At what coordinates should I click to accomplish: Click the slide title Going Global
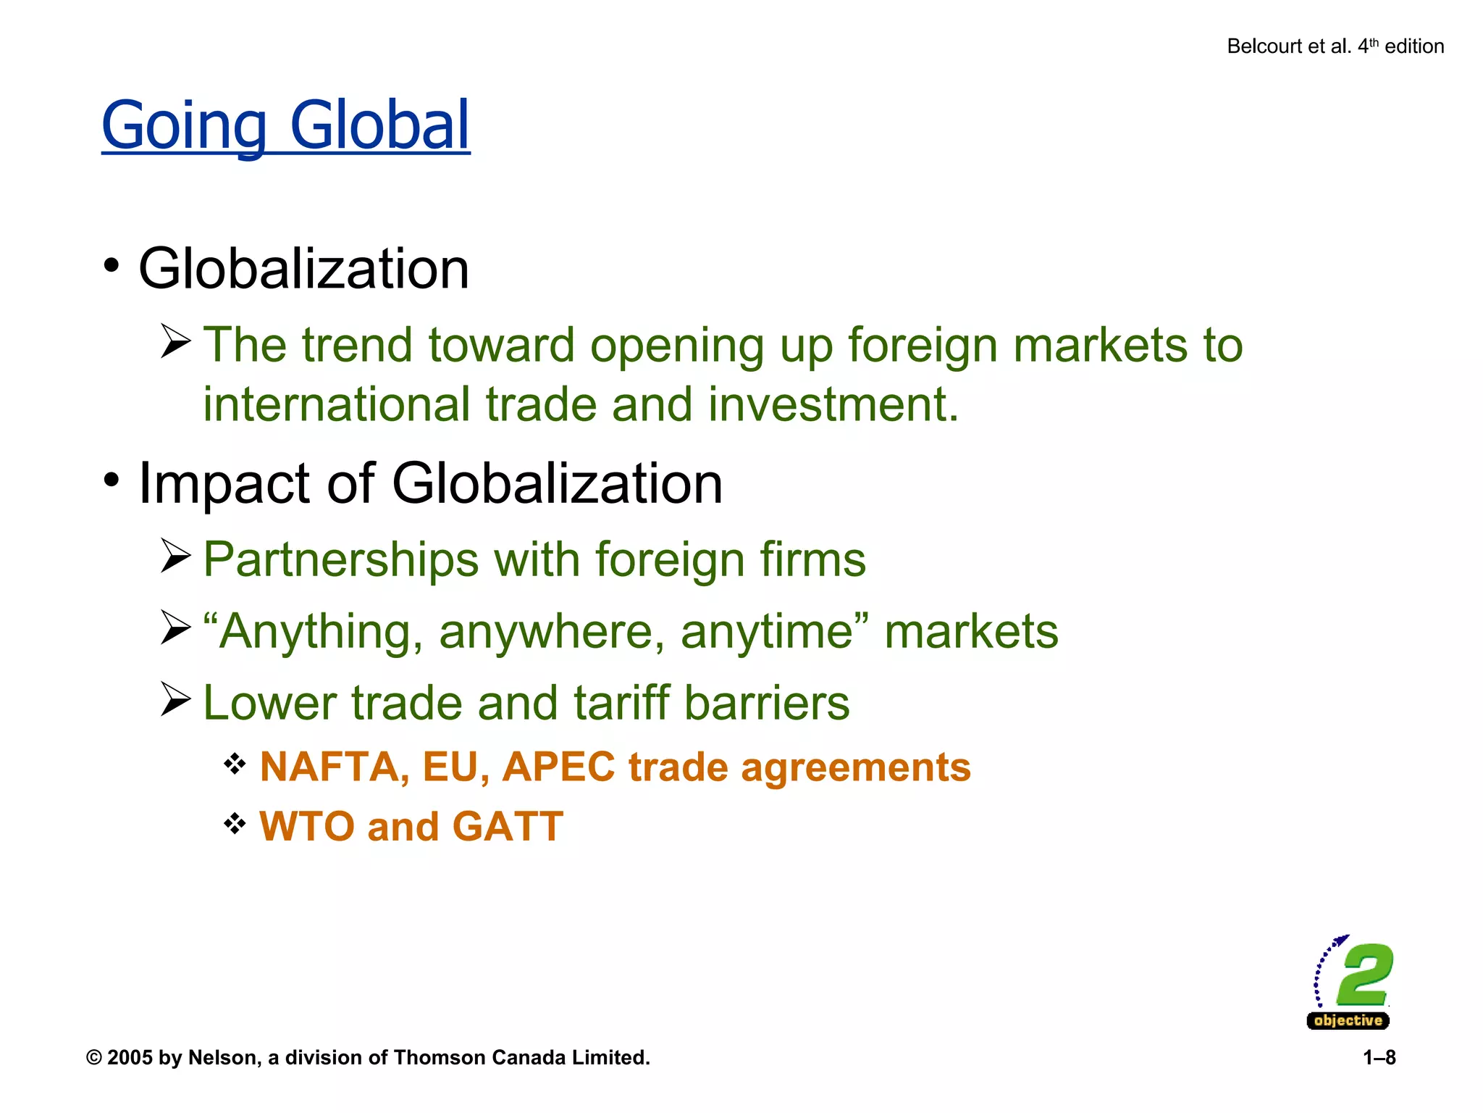pyautogui.click(x=285, y=126)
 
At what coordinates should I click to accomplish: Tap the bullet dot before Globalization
pyautogui.click(x=111, y=265)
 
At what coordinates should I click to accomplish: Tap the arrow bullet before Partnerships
pyautogui.click(x=175, y=556)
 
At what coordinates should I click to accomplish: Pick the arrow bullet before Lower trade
pyautogui.click(x=175, y=699)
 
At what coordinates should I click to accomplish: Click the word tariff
pyautogui.click(x=621, y=703)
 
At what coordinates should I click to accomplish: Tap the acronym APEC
pyautogui.click(x=558, y=767)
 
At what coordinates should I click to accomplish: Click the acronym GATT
pyautogui.click(x=508, y=826)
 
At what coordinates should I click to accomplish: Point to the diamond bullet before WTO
pyautogui.click(x=235, y=823)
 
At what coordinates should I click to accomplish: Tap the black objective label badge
pyautogui.click(x=1348, y=1021)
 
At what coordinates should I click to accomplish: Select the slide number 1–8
pyautogui.click(x=1379, y=1058)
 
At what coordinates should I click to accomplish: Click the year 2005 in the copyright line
pyautogui.click(x=130, y=1058)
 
